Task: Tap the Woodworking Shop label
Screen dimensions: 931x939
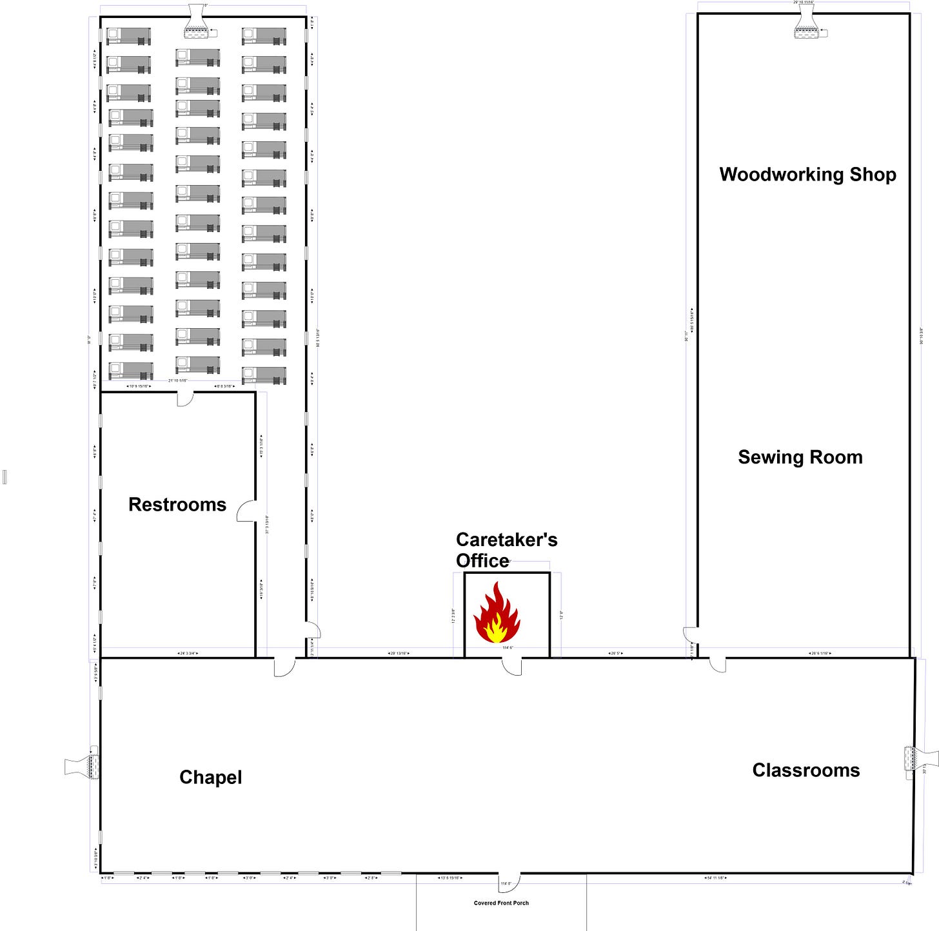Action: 807,174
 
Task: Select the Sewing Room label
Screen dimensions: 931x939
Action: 800,457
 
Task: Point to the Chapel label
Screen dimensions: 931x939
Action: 210,777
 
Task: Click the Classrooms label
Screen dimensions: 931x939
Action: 806,770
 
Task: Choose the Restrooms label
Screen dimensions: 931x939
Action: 177,504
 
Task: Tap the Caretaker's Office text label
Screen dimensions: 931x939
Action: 506,549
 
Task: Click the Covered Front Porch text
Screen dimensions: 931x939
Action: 501,903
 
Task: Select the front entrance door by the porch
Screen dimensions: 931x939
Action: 509,882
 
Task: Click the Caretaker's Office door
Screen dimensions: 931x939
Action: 512,666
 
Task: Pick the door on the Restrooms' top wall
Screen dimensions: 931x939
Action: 185,398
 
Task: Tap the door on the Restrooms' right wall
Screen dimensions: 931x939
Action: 247,511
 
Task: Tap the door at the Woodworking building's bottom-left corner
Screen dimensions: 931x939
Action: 690,635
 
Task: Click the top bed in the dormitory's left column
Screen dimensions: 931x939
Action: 128,36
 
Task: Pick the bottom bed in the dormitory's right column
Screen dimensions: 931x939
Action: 264,375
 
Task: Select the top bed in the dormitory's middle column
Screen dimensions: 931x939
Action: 197,57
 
